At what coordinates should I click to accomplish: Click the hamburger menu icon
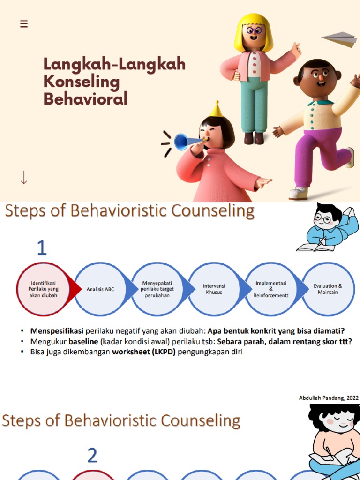click(24, 24)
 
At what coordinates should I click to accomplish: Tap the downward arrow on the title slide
click(24, 178)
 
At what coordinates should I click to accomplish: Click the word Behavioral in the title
click(85, 99)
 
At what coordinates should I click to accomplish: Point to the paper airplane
click(340, 39)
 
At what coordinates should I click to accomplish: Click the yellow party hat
click(216, 109)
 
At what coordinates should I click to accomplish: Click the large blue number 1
click(42, 247)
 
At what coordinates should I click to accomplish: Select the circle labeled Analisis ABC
click(100, 289)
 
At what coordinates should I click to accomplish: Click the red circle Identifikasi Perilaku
click(43, 289)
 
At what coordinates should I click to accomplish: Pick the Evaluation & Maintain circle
click(328, 289)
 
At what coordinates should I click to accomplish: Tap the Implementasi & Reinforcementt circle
click(270, 289)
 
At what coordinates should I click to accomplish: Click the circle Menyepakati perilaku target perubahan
click(157, 289)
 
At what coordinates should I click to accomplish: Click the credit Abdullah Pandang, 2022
click(329, 398)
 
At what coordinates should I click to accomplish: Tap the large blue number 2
click(92, 455)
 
